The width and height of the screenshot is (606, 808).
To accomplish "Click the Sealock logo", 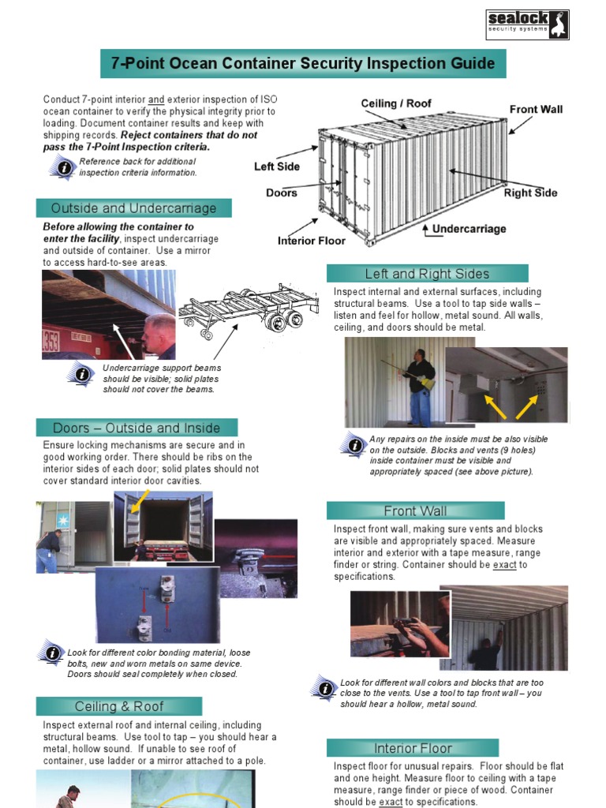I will [526, 24].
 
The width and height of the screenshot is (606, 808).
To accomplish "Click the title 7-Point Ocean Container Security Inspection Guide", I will [303, 63].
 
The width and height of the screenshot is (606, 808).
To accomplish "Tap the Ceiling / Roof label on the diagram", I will [396, 103].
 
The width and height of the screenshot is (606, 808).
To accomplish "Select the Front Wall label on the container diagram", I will [536, 109].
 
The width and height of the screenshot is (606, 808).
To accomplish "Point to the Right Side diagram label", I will [530, 193].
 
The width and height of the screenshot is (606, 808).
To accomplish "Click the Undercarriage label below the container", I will [469, 229].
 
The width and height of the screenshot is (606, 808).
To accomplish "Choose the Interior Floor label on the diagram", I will [312, 241].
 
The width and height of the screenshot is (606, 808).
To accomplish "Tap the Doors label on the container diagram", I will [282, 193].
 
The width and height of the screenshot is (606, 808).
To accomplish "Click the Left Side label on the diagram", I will [277, 166].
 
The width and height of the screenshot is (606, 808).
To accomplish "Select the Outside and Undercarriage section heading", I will [133, 208].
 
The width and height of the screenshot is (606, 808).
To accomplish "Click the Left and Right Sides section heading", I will [427, 274].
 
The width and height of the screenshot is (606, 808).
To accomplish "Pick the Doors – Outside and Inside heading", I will [137, 428].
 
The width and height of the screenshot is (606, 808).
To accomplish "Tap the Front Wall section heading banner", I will [415, 511].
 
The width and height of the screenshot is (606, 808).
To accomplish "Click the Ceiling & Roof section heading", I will [119, 706].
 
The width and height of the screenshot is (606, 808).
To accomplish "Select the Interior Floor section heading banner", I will [413, 748].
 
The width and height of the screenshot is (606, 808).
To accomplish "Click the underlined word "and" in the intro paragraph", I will [156, 100].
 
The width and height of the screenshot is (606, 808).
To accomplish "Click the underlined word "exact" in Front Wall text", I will [504, 565].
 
